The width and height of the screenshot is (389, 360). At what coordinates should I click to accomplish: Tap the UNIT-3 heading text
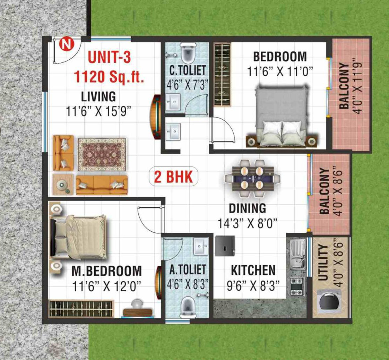point(109,57)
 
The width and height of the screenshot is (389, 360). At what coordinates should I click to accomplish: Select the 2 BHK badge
point(173,177)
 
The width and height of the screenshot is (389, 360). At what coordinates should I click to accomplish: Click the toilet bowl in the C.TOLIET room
point(187,53)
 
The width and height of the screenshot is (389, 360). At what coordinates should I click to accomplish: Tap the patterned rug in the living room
point(102,154)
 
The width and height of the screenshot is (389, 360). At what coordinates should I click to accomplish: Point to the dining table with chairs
point(253,178)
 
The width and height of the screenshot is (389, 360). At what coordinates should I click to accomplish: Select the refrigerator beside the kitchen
point(225,246)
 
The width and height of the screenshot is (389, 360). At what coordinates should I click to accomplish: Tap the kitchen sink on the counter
point(298,254)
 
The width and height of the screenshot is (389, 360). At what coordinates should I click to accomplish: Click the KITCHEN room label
point(253,271)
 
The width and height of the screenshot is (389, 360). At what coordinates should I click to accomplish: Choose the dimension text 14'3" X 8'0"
point(247,223)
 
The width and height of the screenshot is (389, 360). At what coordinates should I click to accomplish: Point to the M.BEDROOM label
point(107,271)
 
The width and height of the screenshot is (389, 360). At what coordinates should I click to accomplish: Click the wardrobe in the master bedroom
point(81,309)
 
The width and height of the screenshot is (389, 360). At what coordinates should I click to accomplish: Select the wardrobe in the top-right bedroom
point(222,75)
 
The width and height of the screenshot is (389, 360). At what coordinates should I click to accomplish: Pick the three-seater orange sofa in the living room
point(102,185)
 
